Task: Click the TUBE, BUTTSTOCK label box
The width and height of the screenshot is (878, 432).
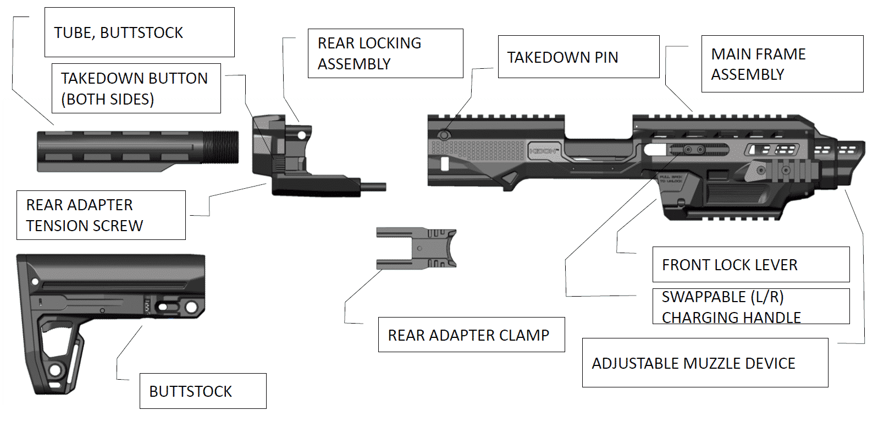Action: (x=139, y=32)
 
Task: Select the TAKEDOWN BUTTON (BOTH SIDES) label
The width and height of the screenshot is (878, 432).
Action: (x=136, y=89)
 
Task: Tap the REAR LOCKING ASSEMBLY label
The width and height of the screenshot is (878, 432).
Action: (x=385, y=53)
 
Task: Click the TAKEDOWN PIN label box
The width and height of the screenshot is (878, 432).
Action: (x=578, y=57)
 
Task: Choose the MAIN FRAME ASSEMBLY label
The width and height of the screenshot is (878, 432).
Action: (x=782, y=64)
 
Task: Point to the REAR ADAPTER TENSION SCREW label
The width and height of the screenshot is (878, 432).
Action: (x=101, y=215)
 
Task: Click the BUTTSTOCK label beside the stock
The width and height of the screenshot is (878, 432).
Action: (x=202, y=391)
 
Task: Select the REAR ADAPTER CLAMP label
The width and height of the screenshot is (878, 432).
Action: (x=471, y=335)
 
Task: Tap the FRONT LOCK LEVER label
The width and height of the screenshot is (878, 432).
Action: (x=750, y=265)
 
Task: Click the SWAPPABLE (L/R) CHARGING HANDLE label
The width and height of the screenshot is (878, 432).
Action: (x=750, y=307)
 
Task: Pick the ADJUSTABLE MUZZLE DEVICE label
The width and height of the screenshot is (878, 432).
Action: (x=705, y=363)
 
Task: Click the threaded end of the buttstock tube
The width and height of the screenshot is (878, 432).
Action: (x=223, y=147)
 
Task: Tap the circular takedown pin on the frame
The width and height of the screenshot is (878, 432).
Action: (x=444, y=135)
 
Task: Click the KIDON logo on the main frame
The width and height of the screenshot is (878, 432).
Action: (x=544, y=151)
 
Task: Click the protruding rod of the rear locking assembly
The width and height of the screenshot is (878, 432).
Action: (x=373, y=187)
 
